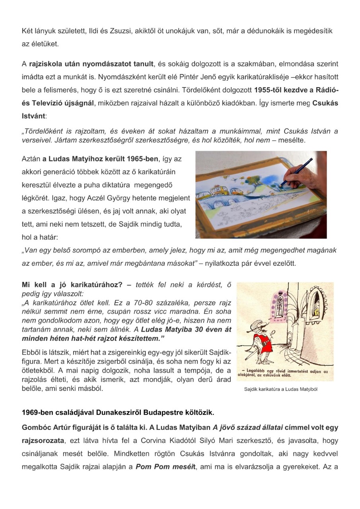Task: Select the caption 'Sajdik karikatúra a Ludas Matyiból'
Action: [x=280, y=389]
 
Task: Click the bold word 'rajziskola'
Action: [x=47, y=64]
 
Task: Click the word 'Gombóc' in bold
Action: [x=37, y=427]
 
